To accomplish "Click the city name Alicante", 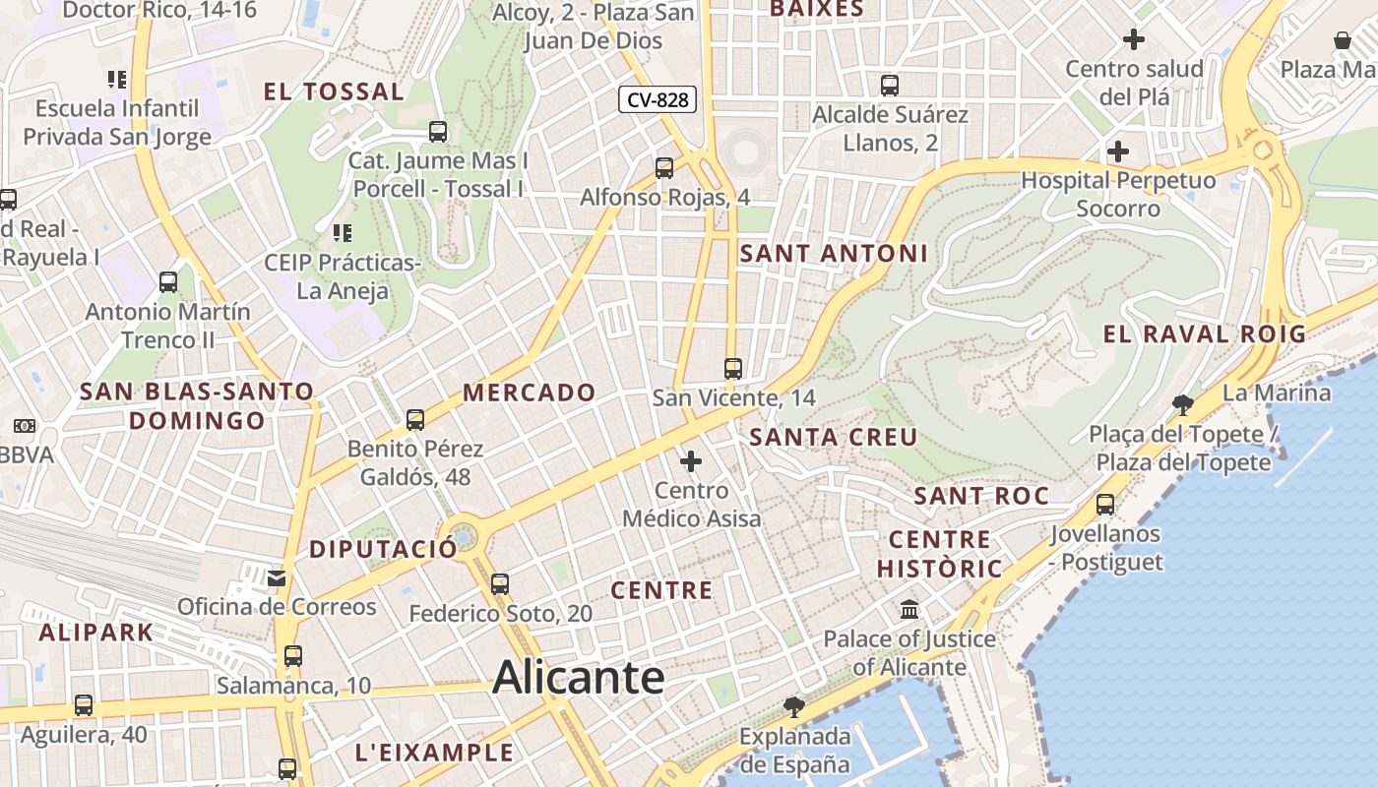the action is tap(579, 678).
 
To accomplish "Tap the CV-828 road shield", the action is tap(658, 99).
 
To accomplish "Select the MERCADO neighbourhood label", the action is tap(530, 393).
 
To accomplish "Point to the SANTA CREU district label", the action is tap(834, 437).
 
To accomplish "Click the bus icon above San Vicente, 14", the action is tap(733, 369).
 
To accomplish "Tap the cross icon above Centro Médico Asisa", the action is tap(691, 460).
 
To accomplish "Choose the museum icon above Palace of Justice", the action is tap(909, 609).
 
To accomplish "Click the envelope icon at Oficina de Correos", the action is tap(277, 576).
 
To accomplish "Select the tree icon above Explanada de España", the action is tap(793, 706).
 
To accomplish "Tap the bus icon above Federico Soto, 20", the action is tap(500, 583).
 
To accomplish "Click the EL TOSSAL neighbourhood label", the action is tap(334, 92).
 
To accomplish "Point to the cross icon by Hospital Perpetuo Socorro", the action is tap(1118, 151).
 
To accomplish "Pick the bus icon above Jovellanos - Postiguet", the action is tap(1105, 505).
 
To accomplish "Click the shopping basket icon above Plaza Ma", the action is tap(1343, 40).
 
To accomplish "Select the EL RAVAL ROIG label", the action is tap(1204, 333).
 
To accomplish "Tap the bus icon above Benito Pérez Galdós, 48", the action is tap(415, 420).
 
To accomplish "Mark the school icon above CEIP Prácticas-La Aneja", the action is tap(343, 233).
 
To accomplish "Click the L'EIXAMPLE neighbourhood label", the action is tap(434, 754).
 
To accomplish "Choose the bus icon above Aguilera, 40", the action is tap(84, 705).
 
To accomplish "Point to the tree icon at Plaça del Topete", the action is tap(1183, 404).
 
